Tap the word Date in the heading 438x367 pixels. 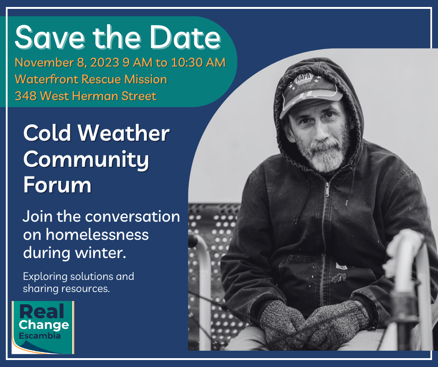185,37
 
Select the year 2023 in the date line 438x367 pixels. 105,62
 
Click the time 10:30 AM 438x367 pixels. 198,62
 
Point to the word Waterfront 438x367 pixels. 47,79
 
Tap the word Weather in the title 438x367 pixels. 123,133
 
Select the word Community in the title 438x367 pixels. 86,159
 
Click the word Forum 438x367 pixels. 57,184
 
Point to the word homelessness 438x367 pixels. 97,234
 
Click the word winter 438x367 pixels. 101,252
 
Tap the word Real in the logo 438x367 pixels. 41,312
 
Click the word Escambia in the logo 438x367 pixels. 40,335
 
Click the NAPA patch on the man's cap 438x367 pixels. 303,78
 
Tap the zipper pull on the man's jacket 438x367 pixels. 327,189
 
